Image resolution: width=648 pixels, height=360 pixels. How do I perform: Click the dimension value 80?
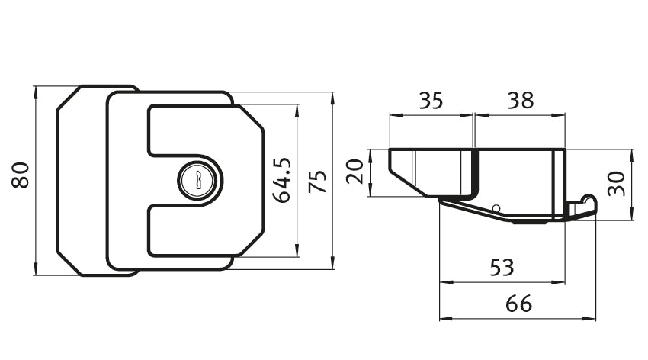point(20,175)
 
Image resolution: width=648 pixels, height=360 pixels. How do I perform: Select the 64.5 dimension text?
point(282,180)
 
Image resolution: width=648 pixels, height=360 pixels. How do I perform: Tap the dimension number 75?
point(317,182)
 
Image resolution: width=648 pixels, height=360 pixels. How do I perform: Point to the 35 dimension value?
point(431,101)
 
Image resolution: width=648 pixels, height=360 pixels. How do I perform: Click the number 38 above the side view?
point(520,101)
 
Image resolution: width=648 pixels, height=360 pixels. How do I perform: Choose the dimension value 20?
point(354,172)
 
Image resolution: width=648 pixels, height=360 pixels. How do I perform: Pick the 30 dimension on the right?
point(617,184)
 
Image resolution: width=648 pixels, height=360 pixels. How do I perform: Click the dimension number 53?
point(502,268)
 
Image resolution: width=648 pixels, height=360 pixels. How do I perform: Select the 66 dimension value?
point(518,304)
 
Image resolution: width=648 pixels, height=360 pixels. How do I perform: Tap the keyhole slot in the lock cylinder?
point(198,180)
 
